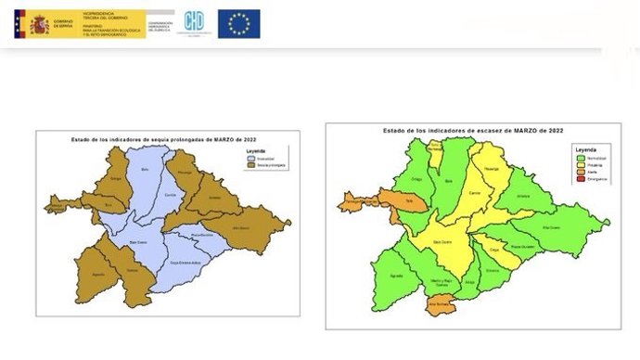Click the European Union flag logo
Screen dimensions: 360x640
(x=238, y=24)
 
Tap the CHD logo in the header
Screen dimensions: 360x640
(x=195, y=23)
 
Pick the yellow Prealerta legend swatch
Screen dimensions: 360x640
(x=580, y=163)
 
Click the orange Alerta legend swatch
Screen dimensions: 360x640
(x=580, y=171)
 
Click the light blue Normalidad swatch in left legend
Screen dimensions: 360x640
(x=249, y=158)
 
